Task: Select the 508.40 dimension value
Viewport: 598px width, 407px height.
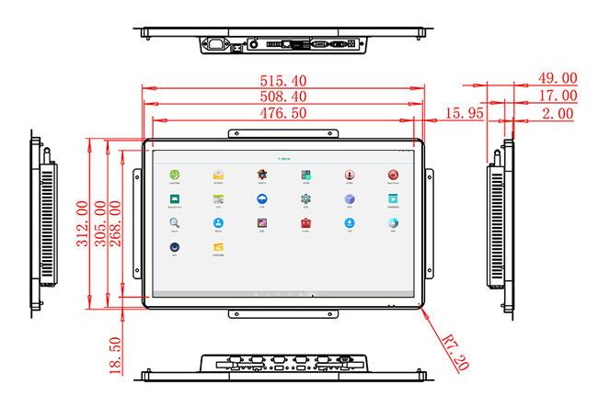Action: click(284, 96)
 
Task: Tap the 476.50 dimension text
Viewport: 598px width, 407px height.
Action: click(284, 113)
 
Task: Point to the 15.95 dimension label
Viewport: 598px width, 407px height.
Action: click(466, 113)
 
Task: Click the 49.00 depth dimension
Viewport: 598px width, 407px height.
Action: click(558, 79)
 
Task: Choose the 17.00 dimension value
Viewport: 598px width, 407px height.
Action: click(558, 96)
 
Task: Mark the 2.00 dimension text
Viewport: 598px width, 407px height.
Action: click(558, 113)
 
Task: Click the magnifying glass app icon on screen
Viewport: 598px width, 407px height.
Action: click(174, 222)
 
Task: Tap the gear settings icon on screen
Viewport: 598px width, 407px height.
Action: click(305, 198)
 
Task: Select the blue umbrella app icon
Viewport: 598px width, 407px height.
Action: click(262, 198)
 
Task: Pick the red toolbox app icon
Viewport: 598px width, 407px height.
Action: click(305, 222)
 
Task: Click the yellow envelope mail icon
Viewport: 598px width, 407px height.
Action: click(219, 175)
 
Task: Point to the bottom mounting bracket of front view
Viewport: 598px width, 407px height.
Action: click(284, 314)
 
